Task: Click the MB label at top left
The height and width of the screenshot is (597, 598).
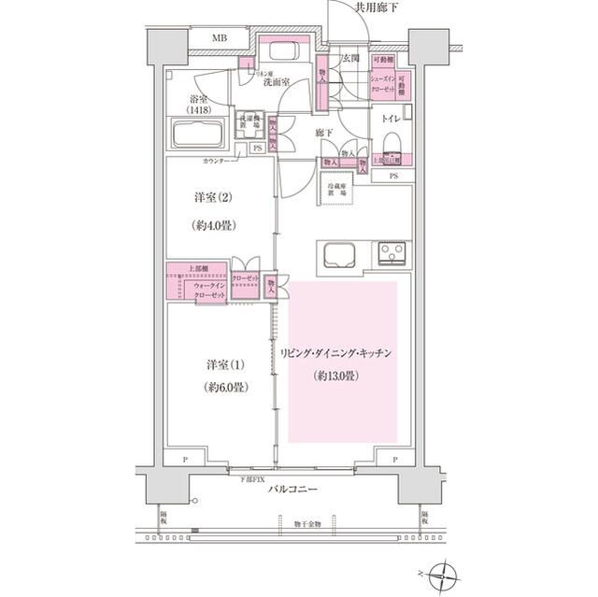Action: pyautogui.click(x=218, y=38)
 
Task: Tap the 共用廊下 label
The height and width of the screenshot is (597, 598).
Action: pyautogui.click(x=376, y=8)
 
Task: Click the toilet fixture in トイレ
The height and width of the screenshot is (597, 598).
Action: pyautogui.click(x=392, y=140)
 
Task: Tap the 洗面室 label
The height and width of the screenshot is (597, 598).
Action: pyautogui.click(x=275, y=81)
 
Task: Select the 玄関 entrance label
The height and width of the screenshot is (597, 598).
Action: pyautogui.click(x=349, y=59)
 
